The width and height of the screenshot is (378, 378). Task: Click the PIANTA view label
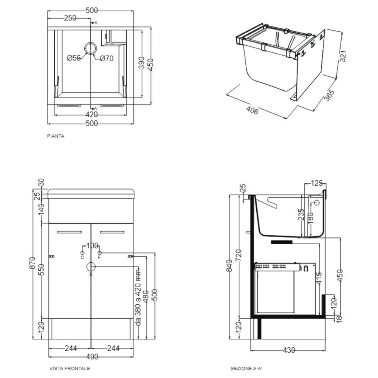pos(56,136)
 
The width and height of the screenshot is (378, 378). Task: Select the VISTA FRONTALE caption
pos(70,368)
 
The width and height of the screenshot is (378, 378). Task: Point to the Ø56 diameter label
pos(74,58)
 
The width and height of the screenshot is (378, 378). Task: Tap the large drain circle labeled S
pos(91,267)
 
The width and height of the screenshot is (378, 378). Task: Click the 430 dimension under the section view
pos(289,350)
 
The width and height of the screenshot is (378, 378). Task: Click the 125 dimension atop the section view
pos(316,183)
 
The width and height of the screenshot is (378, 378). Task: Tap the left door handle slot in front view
pos(69,231)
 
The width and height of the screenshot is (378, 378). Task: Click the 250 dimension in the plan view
pos(70,18)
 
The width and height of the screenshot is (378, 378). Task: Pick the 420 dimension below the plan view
pos(91,114)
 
